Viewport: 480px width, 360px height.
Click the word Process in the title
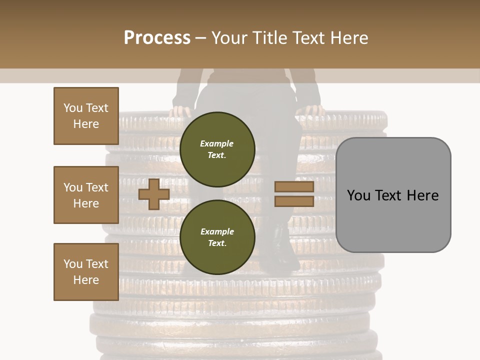point(157,37)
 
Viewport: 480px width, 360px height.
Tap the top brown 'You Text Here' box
point(86,116)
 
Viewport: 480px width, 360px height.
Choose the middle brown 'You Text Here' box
point(86,195)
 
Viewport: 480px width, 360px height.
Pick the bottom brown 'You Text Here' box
point(86,272)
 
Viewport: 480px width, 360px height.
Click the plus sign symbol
point(153,194)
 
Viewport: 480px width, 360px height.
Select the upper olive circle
point(217,149)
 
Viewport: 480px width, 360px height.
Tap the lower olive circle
point(217,237)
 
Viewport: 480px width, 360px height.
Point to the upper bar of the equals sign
point(294,187)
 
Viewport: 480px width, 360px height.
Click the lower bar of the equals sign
point(294,201)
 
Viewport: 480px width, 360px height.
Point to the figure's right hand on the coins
point(312,110)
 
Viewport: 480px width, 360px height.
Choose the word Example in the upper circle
point(217,143)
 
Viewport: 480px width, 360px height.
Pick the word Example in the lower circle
point(217,231)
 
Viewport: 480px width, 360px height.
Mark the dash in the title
point(201,38)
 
